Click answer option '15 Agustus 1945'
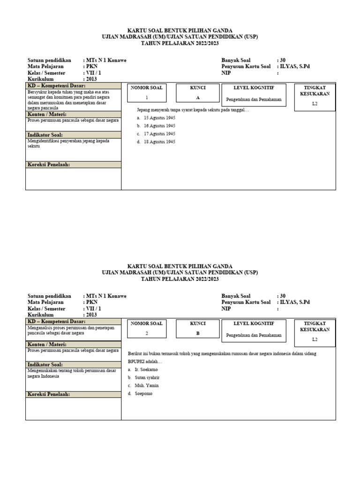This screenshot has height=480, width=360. [x=159, y=118]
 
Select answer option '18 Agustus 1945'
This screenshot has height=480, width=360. [x=159, y=142]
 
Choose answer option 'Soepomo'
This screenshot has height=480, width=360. [x=143, y=393]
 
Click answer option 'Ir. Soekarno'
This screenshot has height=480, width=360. [x=146, y=369]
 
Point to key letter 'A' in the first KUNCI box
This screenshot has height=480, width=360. [x=197, y=97]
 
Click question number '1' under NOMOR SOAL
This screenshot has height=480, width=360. [x=147, y=97]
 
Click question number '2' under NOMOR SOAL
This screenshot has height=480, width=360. [x=147, y=334]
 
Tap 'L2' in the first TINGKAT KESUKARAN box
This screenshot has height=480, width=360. [x=315, y=104]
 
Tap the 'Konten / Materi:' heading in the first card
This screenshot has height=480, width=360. [x=47, y=114]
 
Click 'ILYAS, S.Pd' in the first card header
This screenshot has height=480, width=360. [x=295, y=67]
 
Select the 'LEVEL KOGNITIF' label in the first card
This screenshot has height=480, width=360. [x=254, y=88]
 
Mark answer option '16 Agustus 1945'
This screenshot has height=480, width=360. [x=159, y=126]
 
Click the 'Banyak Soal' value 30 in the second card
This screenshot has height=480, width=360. [x=282, y=296]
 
